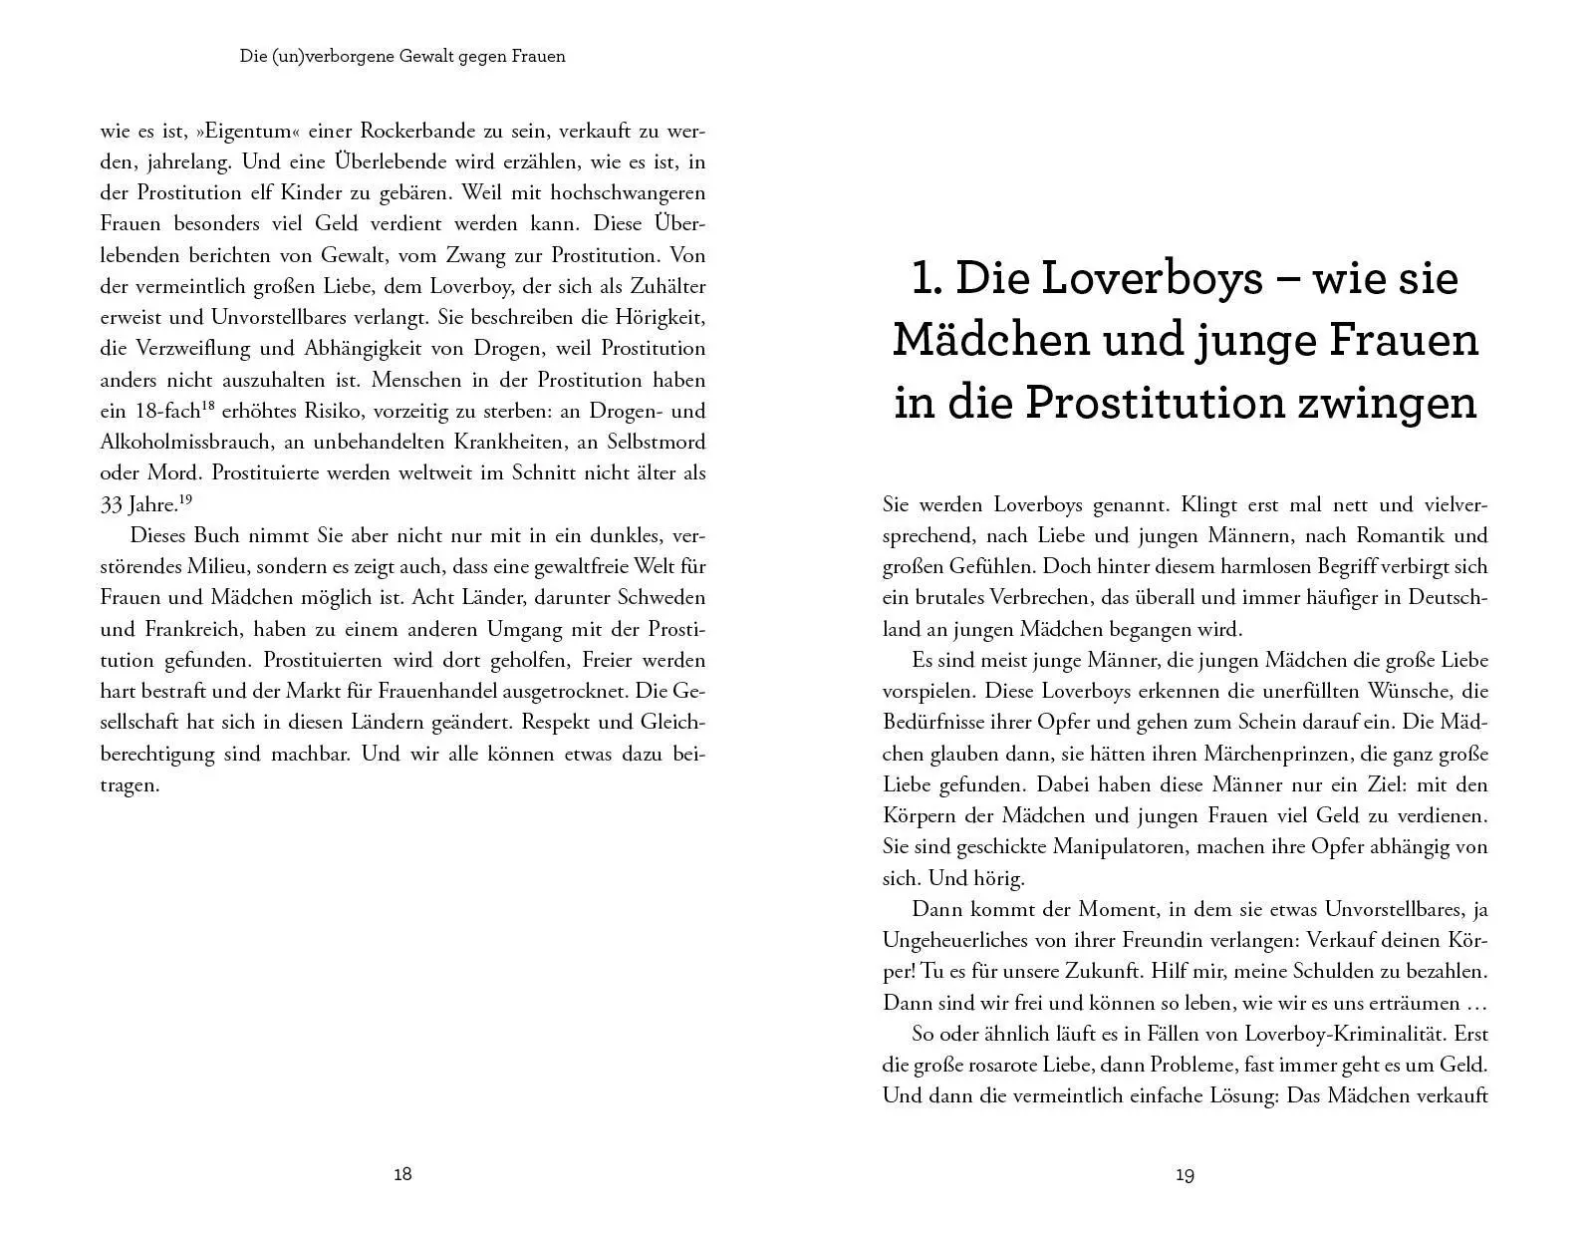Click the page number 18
(402, 1174)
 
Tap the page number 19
(1185, 1175)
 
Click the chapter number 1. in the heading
(926, 278)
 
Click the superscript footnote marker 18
(208, 405)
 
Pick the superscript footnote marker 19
(185, 498)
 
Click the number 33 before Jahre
(112, 504)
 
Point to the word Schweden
(659, 598)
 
